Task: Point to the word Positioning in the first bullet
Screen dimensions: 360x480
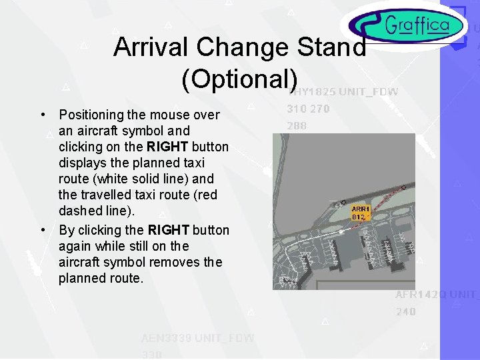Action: [x=93, y=115]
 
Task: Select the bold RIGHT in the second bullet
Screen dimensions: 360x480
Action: [x=169, y=230]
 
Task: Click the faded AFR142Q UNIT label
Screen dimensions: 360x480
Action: [x=437, y=295]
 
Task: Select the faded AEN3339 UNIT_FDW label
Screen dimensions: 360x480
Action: [x=197, y=338]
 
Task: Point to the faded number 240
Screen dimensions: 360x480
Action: [x=405, y=311]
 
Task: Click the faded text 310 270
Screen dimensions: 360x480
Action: [x=308, y=109]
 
